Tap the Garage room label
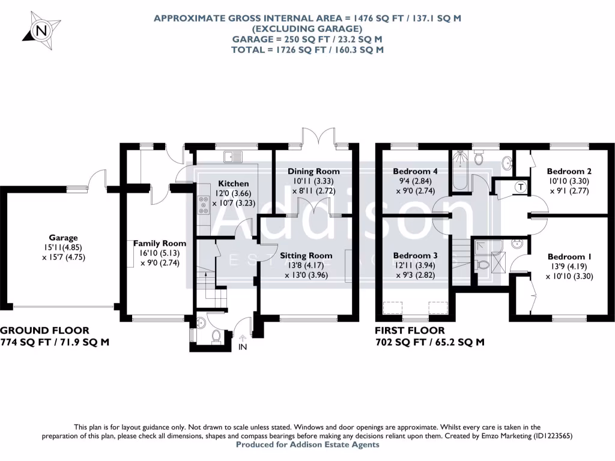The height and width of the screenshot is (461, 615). click(x=64, y=238)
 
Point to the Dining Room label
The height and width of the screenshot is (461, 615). click(x=310, y=171)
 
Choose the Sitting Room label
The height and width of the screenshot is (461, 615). click(x=306, y=255)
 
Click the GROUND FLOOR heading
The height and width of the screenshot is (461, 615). click(x=46, y=330)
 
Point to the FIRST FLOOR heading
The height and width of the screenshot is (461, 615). click(x=410, y=330)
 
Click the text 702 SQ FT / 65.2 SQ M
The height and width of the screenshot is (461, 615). click(x=429, y=342)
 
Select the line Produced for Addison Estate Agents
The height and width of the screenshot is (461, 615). click(x=307, y=445)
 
